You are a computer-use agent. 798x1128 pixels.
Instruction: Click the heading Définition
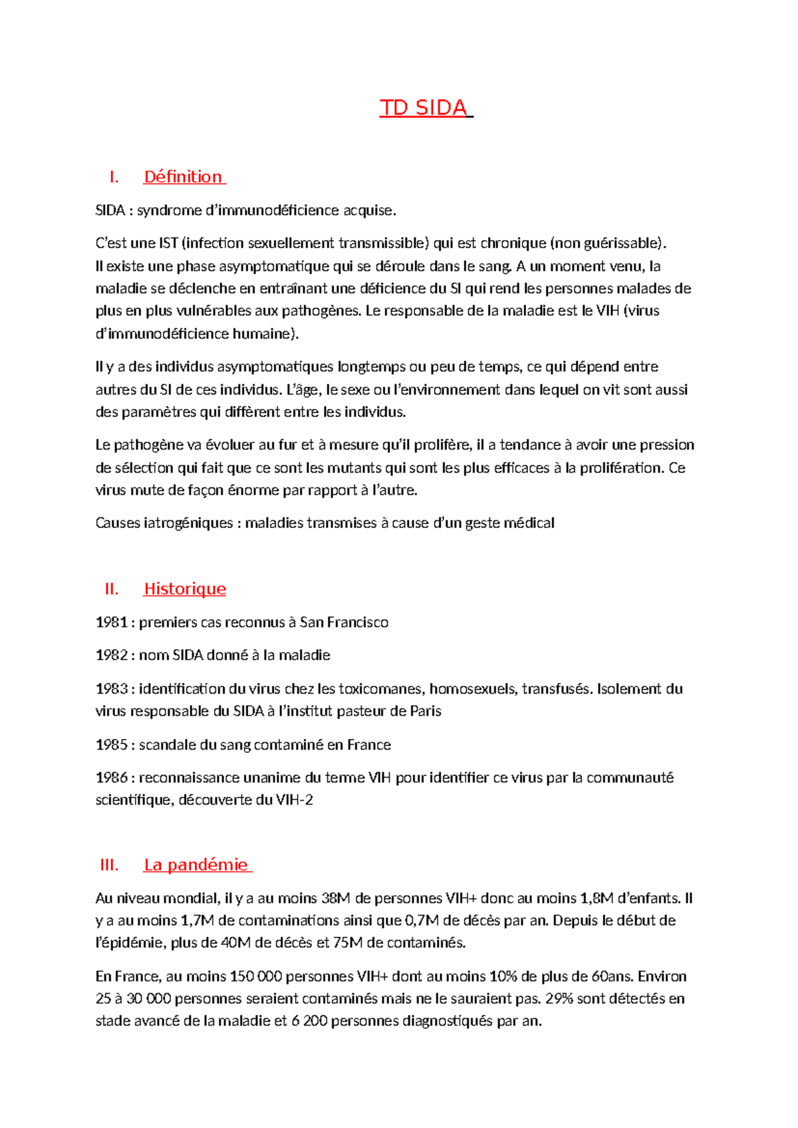(x=183, y=177)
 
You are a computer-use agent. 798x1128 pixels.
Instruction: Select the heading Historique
(x=185, y=589)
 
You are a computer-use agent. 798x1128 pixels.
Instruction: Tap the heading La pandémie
(x=196, y=865)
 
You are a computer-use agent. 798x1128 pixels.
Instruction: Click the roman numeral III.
(x=109, y=865)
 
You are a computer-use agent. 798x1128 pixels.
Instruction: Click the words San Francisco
(x=344, y=623)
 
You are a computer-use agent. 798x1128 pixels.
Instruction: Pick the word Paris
(x=426, y=712)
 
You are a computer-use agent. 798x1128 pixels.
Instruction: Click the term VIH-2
(x=294, y=800)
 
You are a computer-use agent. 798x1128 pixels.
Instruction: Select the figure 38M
(x=335, y=899)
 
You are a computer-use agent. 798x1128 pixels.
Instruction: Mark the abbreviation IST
(x=168, y=243)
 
